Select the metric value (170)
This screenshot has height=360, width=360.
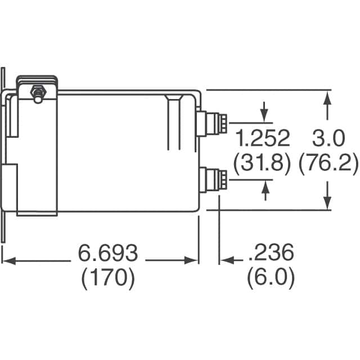pyautogui.click(x=108, y=279)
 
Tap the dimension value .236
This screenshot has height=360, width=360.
pyautogui.click(x=271, y=254)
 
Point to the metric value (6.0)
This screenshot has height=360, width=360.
pyautogui.click(x=271, y=279)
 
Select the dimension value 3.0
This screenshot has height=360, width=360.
pyautogui.click(x=327, y=138)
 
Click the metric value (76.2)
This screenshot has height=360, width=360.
pyautogui.click(x=328, y=164)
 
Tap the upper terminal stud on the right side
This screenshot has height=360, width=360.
pyautogui.click(x=216, y=120)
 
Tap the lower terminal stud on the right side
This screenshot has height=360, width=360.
pyautogui.click(x=216, y=179)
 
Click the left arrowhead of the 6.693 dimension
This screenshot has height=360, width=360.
pyautogui.click(x=7, y=260)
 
